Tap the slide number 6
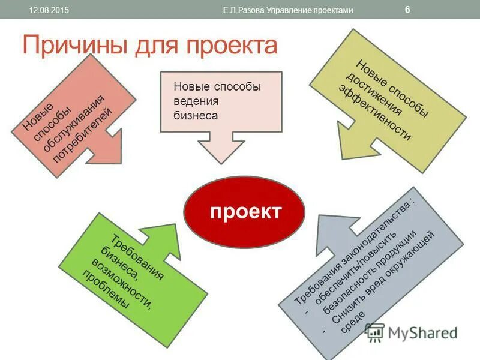[x=407, y=10]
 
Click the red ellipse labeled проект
[x=244, y=212]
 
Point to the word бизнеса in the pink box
[x=196, y=115]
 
